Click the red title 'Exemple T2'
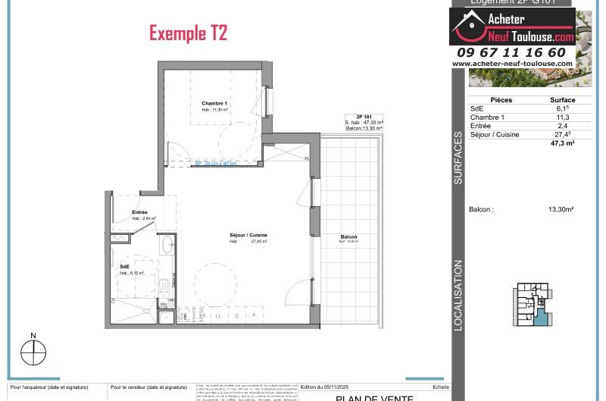coord(188,33)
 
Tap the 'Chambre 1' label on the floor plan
coord(214,103)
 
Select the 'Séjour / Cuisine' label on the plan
coord(248,235)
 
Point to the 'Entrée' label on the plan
coord(139,212)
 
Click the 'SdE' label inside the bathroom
coord(123,267)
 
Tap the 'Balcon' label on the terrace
coord(348,237)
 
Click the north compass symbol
coord(33,351)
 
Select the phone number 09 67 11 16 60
coord(511,52)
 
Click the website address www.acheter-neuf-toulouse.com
coord(513,64)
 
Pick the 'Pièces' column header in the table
coord(501,100)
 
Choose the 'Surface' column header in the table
coord(562,100)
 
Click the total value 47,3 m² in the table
coord(562,143)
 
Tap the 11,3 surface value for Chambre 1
coord(562,117)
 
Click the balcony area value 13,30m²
coord(561,209)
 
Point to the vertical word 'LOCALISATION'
coord(458,295)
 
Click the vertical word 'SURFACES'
coord(458,158)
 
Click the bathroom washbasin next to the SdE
coord(167,245)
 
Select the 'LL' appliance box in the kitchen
coord(219,315)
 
